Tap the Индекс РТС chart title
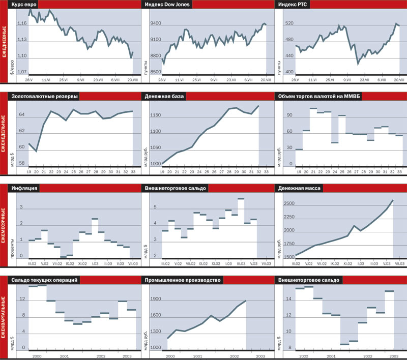click(294, 5)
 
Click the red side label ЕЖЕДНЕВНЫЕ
click(5, 48)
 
